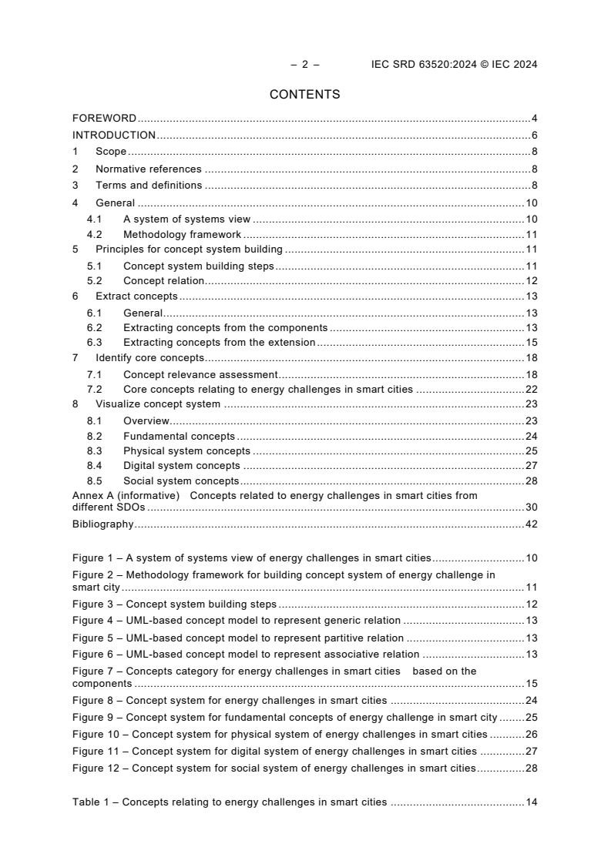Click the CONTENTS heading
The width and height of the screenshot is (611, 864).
pos(304,95)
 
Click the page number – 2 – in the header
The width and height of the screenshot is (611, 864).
pos(305,65)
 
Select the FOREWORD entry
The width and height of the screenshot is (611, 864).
pos(104,119)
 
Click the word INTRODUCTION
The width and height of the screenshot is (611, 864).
pos(114,136)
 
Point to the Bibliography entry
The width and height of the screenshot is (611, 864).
pos(102,524)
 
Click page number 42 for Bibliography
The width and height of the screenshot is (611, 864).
pos(531,524)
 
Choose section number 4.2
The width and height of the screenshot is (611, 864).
pos(95,235)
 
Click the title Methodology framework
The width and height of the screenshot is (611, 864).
pos(182,235)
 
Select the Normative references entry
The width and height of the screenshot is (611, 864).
pos(148,169)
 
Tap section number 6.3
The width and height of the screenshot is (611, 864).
pos(95,342)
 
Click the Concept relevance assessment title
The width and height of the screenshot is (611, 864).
pos(200,374)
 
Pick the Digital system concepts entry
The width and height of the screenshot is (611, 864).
pos(181,465)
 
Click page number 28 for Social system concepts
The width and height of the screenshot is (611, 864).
pos(531,481)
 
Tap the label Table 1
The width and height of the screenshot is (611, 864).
pos(91,802)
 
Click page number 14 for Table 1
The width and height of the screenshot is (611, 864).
pos(531,802)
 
